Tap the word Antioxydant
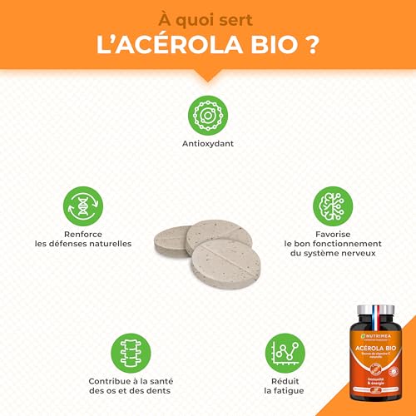[x=208, y=142]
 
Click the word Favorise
[x=333, y=233]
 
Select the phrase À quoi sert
[x=208, y=16]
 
